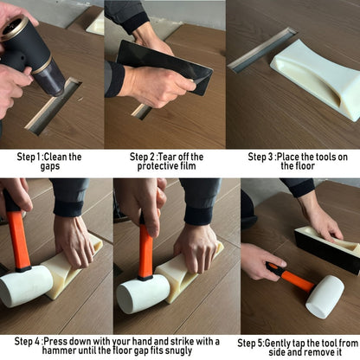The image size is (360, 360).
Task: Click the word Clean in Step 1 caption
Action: coord(55,157)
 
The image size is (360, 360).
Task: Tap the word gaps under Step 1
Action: coord(50,167)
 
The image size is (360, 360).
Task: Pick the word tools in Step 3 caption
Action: coord(324,157)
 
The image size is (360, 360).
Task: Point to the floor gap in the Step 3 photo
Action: coord(262,49)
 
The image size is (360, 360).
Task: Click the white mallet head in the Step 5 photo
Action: coord(325,296)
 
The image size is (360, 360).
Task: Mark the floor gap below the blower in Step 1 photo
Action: coord(54,106)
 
